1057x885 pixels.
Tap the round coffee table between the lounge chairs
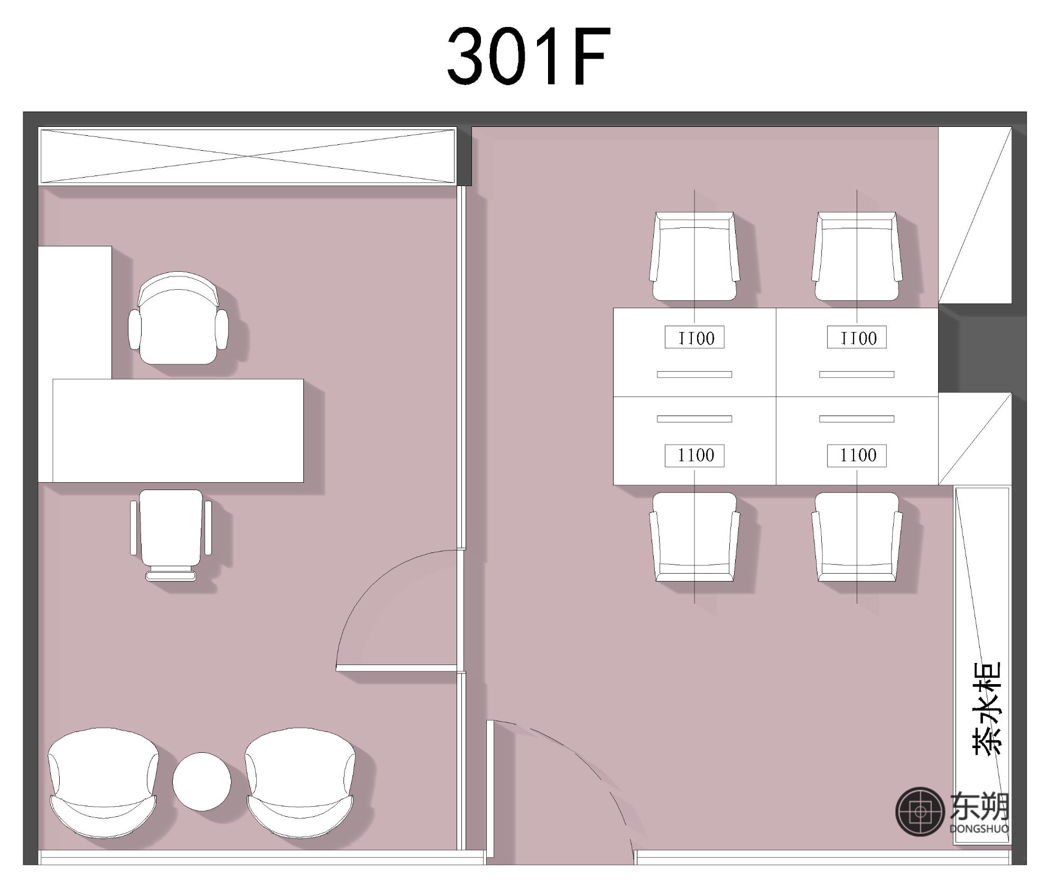[202, 781]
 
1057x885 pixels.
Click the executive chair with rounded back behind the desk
[179, 318]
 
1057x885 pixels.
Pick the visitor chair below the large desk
[171, 535]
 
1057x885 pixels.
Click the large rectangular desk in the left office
[178, 430]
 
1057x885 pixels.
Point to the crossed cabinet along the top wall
[248, 156]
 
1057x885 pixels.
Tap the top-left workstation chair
[694, 256]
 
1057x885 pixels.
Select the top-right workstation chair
[857, 256]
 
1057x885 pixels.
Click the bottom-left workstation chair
[694, 537]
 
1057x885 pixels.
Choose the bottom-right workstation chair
[857, 537]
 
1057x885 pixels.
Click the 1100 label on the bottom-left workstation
[694, 456]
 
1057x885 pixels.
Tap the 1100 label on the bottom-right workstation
[857, 456]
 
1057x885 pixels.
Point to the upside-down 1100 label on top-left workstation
[694, 338]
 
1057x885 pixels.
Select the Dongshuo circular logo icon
[920, 812]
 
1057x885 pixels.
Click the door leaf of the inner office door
[396, 668]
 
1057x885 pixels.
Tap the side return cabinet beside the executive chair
[75, 312]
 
